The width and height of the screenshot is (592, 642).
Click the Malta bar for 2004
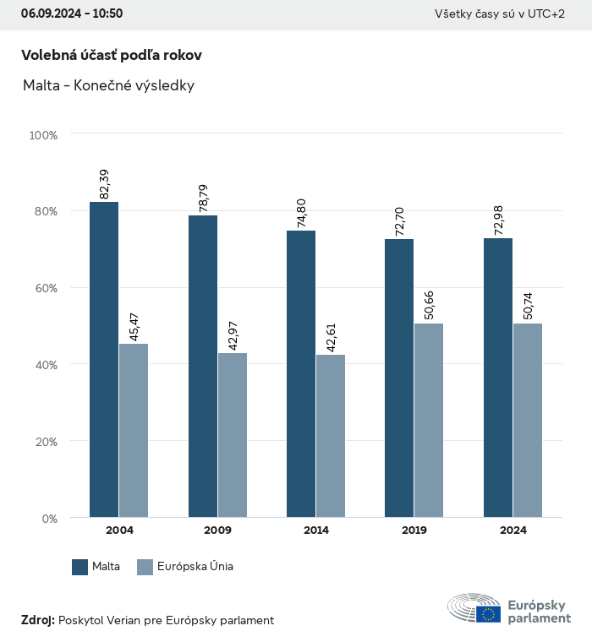click(104, 359)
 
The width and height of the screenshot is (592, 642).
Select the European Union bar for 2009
click(233, 435)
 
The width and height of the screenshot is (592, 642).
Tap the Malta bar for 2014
click(301, 373)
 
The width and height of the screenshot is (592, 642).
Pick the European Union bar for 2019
click(429, 420)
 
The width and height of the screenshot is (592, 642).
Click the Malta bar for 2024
click(498, 378)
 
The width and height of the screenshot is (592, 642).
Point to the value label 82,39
click(105, 184)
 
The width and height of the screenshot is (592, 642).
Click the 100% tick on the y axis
click(43, 134)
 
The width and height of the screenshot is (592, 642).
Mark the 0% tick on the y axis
click(49, 518)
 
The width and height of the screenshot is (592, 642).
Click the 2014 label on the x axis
click(316, 530)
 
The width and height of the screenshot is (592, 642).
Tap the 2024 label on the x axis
click(513, 530)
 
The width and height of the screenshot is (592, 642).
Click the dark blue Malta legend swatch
click(80, 567)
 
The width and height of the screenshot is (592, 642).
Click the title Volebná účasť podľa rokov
click(112, 55)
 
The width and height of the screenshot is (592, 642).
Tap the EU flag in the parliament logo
click(488, 614)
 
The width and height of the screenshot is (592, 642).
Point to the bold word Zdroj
click(38, 620)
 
